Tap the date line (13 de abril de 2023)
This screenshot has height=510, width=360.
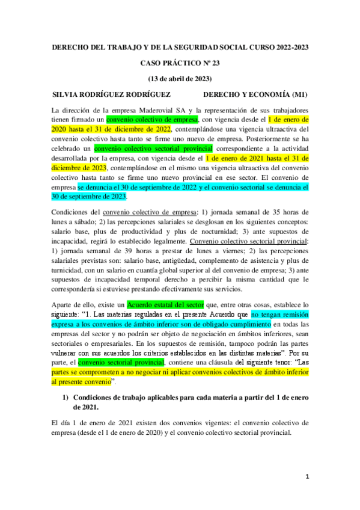coord(179,79)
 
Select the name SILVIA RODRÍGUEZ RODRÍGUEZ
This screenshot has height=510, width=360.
coord(112,94)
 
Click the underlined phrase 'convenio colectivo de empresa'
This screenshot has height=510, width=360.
coord(149,211)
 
